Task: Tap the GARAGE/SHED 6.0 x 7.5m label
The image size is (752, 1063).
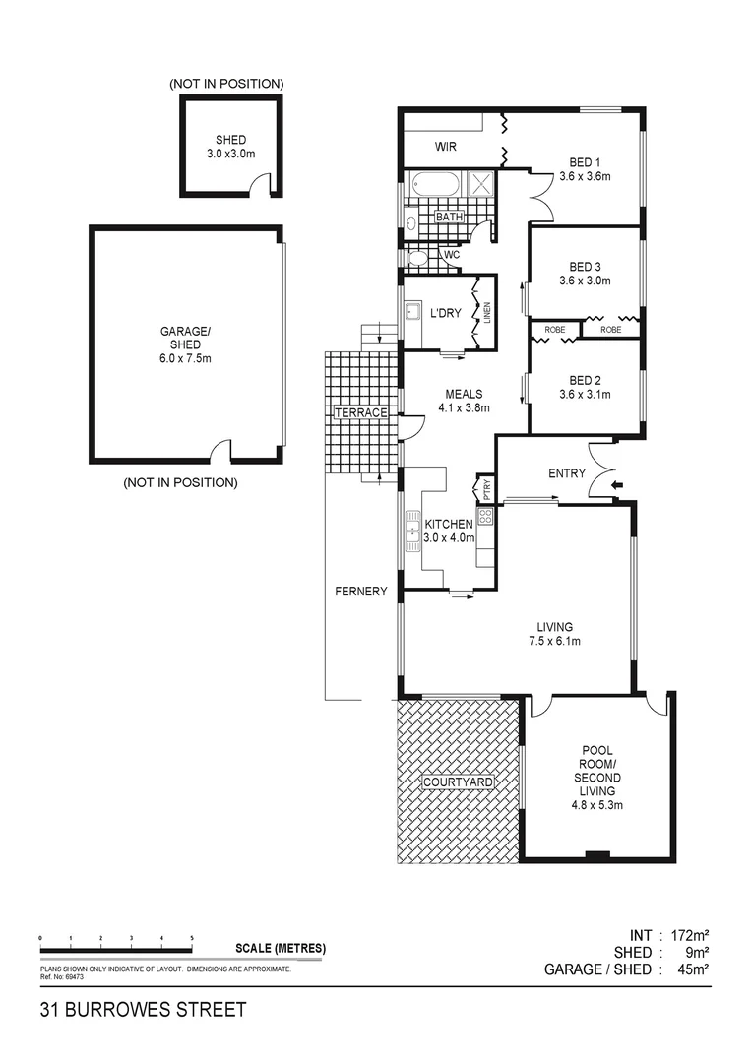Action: pyautogui.click(x=187, y=344)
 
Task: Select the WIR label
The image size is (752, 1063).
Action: pyautogui.click(x=449, y=148)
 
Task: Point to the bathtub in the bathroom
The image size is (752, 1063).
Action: pyautogui.click(x=434, y=184)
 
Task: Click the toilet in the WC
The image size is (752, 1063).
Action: pyautogui.click(x=418, y=259)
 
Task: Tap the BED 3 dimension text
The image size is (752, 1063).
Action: pyautogui.click(x=585, y=281)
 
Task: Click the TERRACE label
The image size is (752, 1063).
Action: pyautogui.click(x=361, y=412)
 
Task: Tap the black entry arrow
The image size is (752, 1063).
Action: pyautogui.click(x=617, y=485)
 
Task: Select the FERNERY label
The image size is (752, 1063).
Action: pyautogui.click(x=360, y=592)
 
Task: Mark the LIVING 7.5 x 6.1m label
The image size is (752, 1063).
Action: pyautogui.click(x=555, y=634)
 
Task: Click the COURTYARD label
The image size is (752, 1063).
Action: pyautogui.click(x=458, y=782)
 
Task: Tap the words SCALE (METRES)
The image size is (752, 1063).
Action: pyautogui.click(x=281, y=949)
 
